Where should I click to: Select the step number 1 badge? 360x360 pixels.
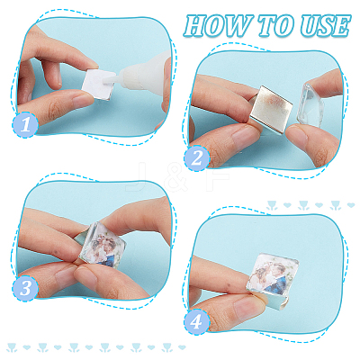[25, 124]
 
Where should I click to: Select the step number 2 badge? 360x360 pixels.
[197, 158]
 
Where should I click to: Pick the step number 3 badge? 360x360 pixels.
[25, 288]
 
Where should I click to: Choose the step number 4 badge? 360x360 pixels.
[197, 321]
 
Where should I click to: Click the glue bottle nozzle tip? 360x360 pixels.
[106, 81]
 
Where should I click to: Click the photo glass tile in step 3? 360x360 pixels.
[103, 245]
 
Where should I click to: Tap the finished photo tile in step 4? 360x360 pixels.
[273, 274]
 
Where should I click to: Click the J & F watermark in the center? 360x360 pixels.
[178, 177]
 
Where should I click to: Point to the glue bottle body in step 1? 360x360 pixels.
[147, 71]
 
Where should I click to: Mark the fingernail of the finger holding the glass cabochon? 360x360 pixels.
[296, 138]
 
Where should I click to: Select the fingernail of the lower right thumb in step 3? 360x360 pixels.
[85, 277]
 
